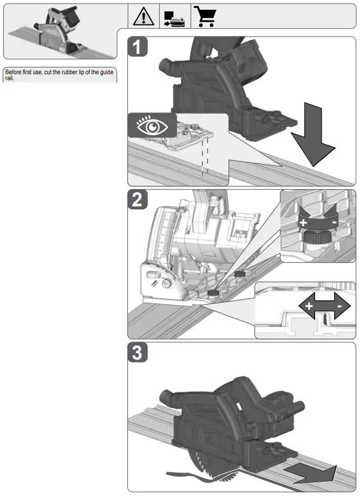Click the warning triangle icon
pos(145,16)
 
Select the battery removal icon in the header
pos(175,16)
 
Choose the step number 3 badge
pos(138,354)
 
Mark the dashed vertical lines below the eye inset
pos(205,156)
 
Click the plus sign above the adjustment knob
pos(304,222)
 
